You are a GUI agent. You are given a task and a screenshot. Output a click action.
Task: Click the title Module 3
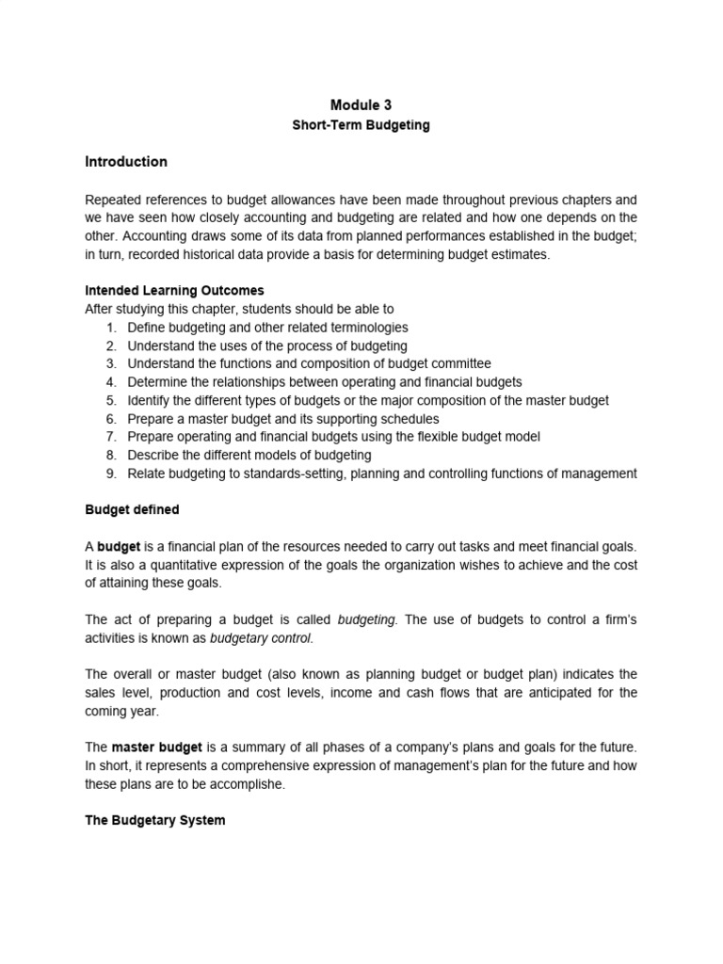click(361, 105)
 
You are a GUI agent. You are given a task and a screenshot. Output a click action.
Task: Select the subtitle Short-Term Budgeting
click(361, 125)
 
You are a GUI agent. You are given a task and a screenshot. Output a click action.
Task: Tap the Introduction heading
click(126, 162)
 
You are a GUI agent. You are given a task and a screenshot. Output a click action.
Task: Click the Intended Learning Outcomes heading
click(175, 290)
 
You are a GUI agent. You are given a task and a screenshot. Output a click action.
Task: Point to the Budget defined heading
click(132, 510)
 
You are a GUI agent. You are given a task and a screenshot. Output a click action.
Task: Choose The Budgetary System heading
click(155, 821)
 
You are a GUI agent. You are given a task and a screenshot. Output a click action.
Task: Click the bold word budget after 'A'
click(119, 547)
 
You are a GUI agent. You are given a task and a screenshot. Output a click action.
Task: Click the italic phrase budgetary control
click(262, 638)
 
